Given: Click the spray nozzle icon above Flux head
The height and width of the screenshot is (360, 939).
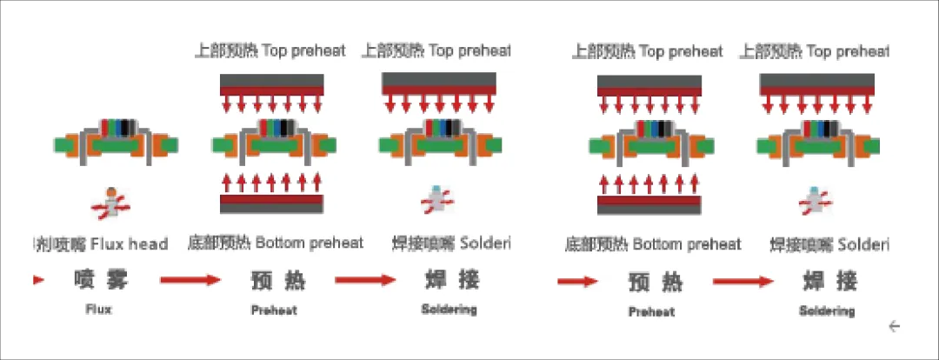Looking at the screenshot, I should [110, 203].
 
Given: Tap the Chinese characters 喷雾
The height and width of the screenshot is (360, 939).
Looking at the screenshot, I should [99, 281].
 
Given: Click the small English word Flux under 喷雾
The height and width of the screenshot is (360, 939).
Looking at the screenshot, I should [99, 308].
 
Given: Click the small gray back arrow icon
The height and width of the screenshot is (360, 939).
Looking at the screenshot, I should [894, 326].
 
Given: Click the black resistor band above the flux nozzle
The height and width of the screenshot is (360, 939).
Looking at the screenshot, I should [128, 128].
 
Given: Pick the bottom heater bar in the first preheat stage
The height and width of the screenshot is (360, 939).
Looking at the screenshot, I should [272, 203].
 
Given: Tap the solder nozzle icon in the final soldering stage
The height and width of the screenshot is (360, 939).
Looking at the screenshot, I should [813, 199].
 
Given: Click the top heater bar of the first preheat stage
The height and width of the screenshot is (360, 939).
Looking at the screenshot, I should [272, 84].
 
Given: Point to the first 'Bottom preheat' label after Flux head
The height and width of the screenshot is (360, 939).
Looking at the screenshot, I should [276, 243].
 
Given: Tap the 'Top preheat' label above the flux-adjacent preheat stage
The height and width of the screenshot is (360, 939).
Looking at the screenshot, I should [270, 50].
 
